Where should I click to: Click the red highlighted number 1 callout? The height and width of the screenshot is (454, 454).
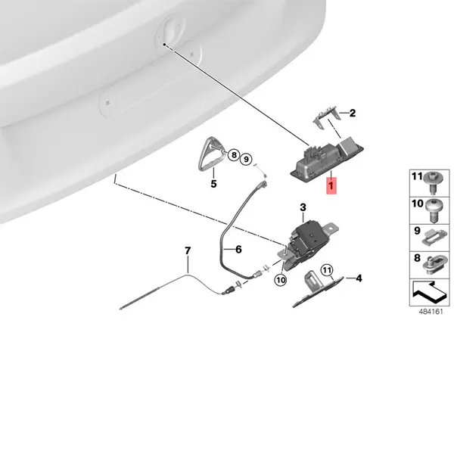pyautogui.click(x=331, y=185)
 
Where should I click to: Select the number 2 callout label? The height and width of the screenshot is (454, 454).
pyautogui.click(x=353, y=113)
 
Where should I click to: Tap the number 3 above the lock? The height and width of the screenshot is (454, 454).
pyautogui.click(x=303, y=207)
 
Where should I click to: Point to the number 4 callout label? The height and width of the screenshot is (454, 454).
pyautogui.click(x=359, y=278)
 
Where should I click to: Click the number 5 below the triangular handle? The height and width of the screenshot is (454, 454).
pyautogui.click(x=213, y=184)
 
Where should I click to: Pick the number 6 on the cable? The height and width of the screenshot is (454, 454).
pyautogui.click(x=238, y=249)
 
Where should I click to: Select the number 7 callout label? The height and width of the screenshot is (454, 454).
pyautogui.click(x=188, y=250)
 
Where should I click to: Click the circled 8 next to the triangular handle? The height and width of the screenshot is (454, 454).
pyautogui.click(x=234, y=155)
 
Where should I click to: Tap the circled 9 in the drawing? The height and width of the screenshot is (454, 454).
pyautogui.click(x=246, y=159)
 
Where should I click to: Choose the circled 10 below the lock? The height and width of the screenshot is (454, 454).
pyautogui.click(x=281, y=280)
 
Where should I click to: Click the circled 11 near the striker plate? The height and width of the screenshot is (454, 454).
pyautogui.click(x=327, y=270)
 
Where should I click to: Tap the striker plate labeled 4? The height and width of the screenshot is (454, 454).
pyautogui.click(x=317, y=290)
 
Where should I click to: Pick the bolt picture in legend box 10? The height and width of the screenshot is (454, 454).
pyautogui.click(x=434, y=210)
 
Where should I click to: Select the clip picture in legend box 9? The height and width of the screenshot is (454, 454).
pyautogui.click(x=434, y=238)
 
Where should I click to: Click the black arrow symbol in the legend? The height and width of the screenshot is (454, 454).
pyautogui.click(x=429, y=292)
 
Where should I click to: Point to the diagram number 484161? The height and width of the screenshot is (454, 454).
pyautogui.click(x=431, y=312)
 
